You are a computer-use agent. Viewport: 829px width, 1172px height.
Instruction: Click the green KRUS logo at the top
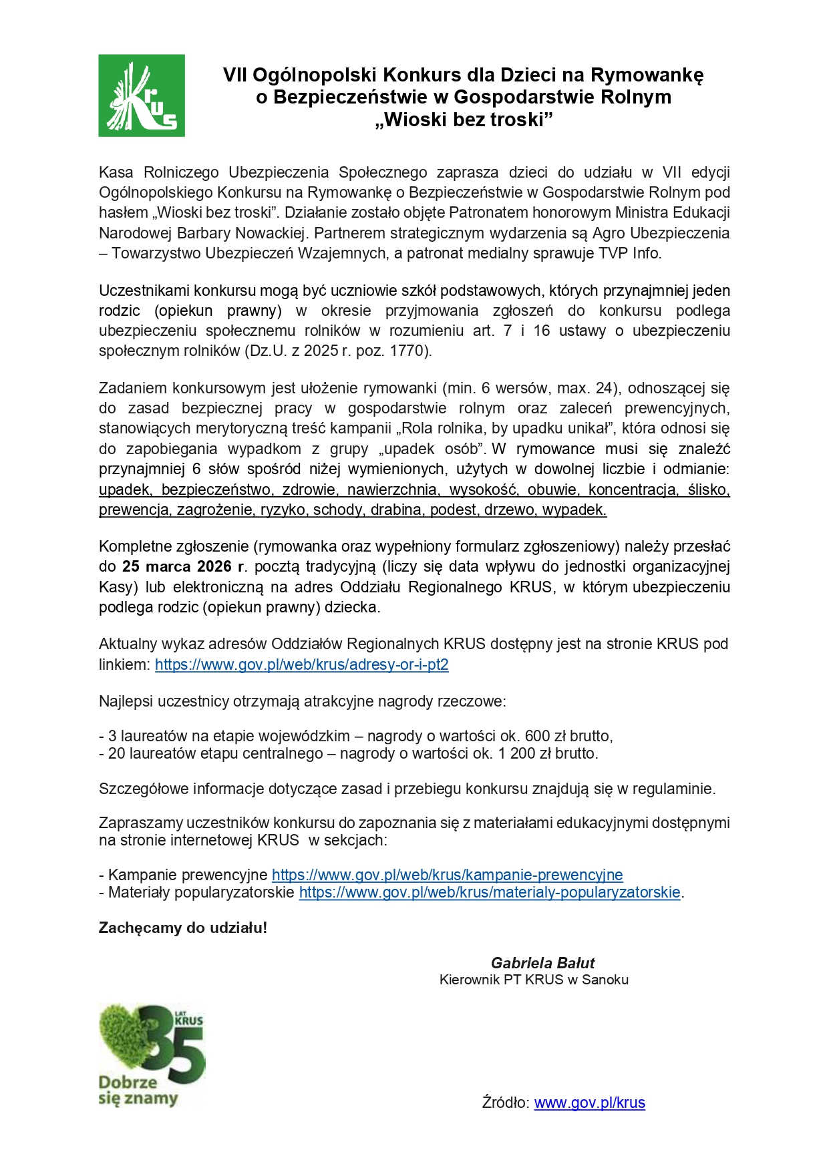point(142,95)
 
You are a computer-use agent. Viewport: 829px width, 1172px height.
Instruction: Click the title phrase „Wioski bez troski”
point(464,120)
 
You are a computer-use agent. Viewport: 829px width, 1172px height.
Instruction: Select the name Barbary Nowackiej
point(241,233)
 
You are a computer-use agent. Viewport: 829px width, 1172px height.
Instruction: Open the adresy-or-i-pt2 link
point(301,664)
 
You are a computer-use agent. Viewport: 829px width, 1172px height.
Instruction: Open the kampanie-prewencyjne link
point(447,875)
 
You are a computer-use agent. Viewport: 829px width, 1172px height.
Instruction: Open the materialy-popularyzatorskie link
point(490,892)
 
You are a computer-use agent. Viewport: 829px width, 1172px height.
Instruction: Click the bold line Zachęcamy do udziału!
point(182,928)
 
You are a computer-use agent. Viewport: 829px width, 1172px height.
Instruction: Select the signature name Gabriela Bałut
point(542,963)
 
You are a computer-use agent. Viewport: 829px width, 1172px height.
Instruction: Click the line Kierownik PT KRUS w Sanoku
point(534,980)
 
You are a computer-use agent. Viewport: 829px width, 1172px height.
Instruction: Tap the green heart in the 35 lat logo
point(127,1038)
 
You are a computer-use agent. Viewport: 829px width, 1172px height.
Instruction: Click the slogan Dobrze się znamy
point(137,1091)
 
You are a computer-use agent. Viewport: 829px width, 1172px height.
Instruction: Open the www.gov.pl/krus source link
point(589,1103)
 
